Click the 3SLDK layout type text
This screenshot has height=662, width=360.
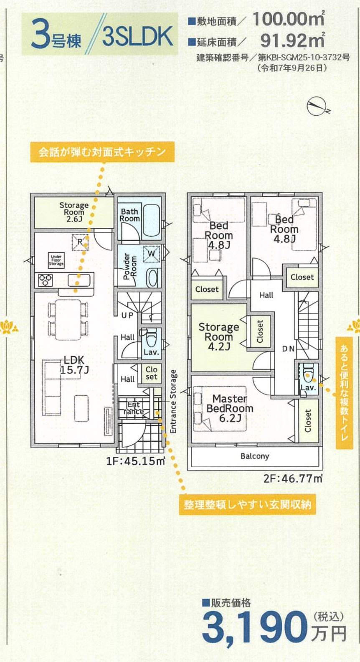coord(137,37)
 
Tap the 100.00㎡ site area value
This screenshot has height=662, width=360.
coord(288,19)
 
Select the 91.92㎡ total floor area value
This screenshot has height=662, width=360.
coord(292,40)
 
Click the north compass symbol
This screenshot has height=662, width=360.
coord(316,106)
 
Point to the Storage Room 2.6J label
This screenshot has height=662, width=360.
coord(74,212)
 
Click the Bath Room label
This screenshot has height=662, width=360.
coord(129,215)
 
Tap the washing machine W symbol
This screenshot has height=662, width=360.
coord(151,253)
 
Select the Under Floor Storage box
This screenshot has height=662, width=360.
coord(56,260)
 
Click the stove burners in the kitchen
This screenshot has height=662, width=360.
coord(45,280)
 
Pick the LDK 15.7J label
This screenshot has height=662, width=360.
coord(74,365)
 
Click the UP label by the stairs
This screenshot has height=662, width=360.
coord(127,316)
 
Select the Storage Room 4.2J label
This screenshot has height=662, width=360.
coord(218,336)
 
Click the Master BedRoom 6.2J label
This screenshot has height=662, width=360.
coord(230,408)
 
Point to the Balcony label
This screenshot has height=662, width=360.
coord(255,456)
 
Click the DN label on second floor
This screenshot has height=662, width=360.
coord(288,349)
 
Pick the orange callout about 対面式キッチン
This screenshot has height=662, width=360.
coord(102,152)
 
